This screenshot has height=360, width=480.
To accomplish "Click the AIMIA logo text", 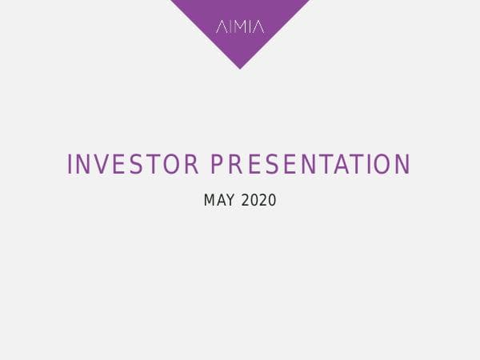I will [239, 27].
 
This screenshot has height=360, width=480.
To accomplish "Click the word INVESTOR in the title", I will [133, 165].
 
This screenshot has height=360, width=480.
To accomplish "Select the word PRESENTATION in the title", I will [310, 165].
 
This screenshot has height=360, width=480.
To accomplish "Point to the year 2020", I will [258, 200].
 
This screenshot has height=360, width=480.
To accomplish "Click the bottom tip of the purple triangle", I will [239, 68].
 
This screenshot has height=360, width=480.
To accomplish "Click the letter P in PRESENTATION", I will [217, 165].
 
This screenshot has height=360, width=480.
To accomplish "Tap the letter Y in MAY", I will [231, 200].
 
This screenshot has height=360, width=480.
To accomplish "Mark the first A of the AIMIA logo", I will [221, 27].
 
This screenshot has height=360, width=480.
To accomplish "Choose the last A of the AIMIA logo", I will [258, 27].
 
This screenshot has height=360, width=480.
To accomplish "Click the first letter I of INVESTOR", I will [70, 165].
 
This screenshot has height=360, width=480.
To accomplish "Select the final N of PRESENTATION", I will [403, 165].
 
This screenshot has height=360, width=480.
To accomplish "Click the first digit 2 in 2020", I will [245, 200].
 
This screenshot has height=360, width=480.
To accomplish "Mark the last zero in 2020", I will [272, 200].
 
